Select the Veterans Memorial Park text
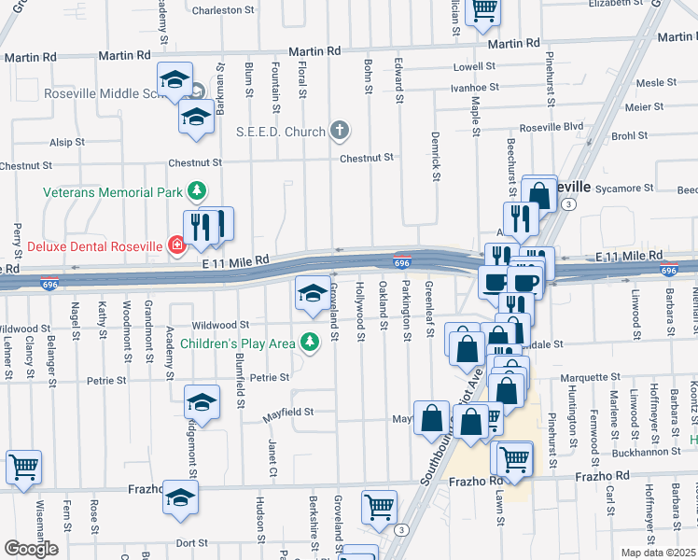tap(115, 192)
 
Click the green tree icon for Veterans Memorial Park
tap(197, 192)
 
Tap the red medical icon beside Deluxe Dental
tap(175, 246)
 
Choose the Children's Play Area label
tap(239, 343)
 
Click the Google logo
tap(31, 549)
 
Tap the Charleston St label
tap(230, 10)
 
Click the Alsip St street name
tap(67, 143)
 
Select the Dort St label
tap(191, 542)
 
